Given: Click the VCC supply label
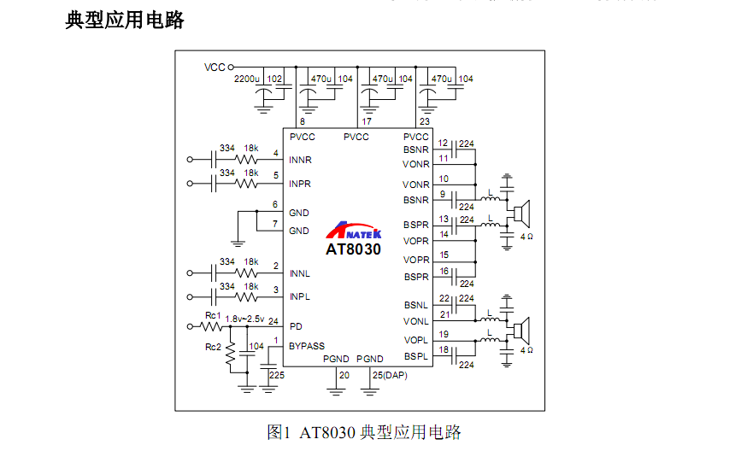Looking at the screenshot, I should pyautogui.click(x=215, y=66).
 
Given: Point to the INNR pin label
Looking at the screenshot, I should pyautogui.click(x=300, y=160).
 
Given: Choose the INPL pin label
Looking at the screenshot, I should pyautogui.click(x=299, y=296).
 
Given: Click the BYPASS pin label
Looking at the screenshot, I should pyautogui.click(x=307, y=346).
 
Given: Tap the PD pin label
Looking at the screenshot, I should pyautogui.click(x=296, y=326).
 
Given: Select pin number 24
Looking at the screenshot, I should pyautogui.click(x=273, y=321).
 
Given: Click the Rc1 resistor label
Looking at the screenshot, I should pyautogui.click(x=213, y=316).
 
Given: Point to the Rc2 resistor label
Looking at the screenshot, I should pyautogui.click(x=213, y=348).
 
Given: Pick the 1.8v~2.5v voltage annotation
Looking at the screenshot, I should pyautogui.click(x=245, y=318).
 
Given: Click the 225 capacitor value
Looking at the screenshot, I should pyautogui.click(x=277, y=375).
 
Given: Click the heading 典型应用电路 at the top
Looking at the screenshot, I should pyautogui.click(x=125, y=20).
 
